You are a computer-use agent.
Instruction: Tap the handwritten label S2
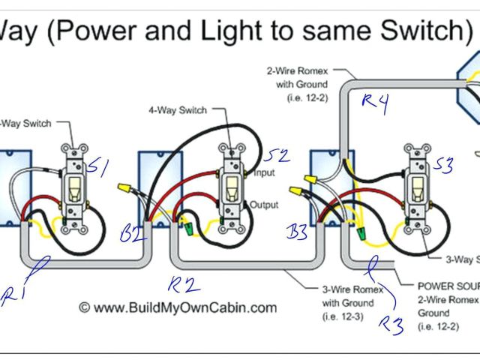(277, 156)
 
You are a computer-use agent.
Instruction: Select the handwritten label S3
(442, 165)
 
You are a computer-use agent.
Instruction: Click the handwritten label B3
(297, 232)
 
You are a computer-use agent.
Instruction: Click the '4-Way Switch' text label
(178, 110)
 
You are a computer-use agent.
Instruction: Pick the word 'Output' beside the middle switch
(264, 205)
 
